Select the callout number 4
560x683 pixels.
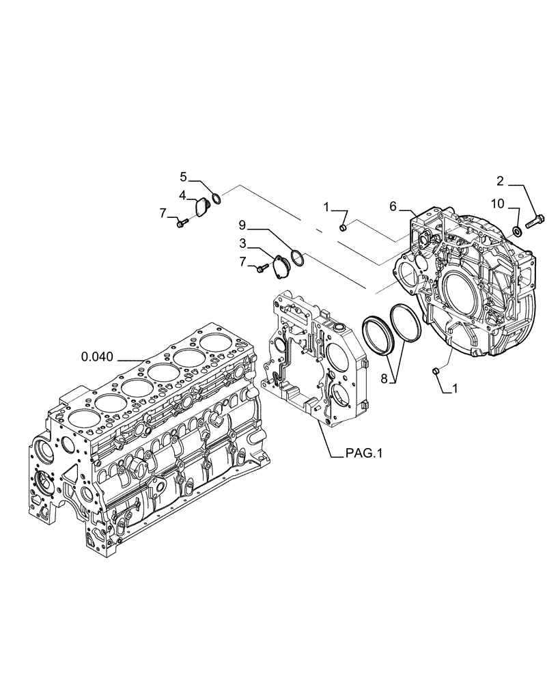[183, 195]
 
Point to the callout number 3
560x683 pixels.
[243, 242]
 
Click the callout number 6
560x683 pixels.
[393, 206]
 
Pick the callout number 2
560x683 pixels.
[500, 181]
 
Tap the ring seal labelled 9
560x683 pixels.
[296, 257]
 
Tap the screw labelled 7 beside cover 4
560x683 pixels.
[181, 223]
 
